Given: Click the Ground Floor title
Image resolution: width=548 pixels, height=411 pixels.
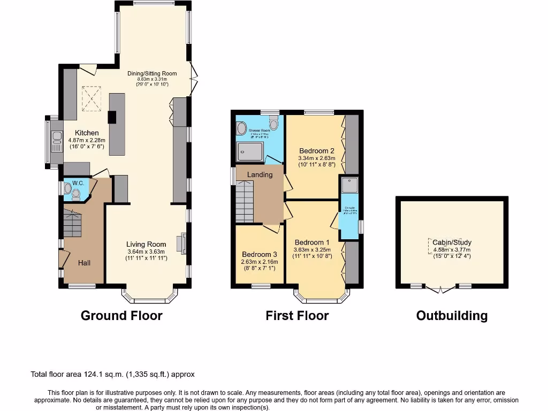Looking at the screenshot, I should pos(121,315).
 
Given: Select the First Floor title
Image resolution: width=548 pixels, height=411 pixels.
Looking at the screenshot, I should pos(297,315).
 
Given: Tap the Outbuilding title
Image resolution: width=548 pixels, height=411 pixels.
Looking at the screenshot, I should pos(452,316).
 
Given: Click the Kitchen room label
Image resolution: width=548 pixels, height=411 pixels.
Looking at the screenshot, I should pos(87,133).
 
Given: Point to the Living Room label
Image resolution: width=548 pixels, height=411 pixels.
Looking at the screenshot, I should pos(147,245).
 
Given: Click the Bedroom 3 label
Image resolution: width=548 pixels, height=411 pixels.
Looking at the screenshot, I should pos(260,254).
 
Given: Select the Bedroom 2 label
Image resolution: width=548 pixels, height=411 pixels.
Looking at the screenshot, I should pos(317,150).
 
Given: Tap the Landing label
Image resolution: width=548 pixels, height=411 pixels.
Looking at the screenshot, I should pos(260,174).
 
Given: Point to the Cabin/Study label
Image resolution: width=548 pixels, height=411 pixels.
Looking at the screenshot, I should pos(452,242).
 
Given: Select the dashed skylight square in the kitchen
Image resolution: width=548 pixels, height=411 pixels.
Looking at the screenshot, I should pos(91,97).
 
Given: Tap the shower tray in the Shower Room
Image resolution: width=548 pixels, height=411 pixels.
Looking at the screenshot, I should pos(250,151).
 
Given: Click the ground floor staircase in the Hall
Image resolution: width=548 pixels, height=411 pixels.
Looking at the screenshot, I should pos(72,223).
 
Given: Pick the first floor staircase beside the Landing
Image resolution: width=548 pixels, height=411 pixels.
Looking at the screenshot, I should pos(245,202).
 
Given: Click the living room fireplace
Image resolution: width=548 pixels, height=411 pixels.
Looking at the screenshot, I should pos(184,243).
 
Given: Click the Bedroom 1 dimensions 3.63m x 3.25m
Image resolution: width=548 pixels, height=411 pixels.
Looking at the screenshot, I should pos(313,249).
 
